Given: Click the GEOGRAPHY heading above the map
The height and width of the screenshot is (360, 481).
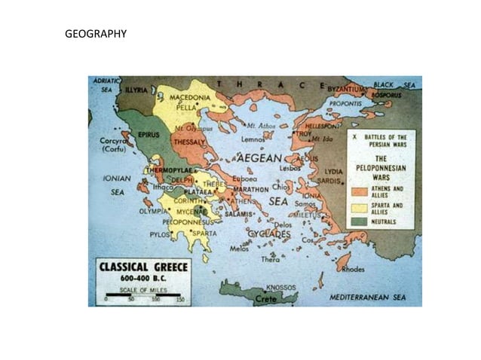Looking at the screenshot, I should (96, 34).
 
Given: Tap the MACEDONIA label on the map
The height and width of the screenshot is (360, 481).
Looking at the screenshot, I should (189, 98).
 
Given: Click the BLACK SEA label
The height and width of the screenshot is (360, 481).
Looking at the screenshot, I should (394, 85).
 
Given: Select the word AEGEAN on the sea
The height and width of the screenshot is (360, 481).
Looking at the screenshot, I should (259, 159).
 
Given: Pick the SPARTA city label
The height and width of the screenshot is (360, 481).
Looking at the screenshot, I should (203, 233).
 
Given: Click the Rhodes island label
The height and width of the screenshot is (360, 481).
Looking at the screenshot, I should (354, 269).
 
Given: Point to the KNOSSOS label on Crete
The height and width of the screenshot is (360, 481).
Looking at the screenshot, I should (281, 287).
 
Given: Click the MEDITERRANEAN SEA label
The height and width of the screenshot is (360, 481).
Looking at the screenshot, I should (367, 297).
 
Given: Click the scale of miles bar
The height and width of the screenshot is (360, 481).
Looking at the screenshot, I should (142, 294).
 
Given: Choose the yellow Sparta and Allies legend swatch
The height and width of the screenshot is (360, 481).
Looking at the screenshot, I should (359, 206).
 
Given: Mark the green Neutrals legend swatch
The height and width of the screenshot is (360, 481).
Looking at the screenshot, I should (359, 221).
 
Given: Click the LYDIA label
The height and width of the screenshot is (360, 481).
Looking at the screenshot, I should (333, 171).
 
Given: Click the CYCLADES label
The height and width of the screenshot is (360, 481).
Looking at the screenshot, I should (269, 234).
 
